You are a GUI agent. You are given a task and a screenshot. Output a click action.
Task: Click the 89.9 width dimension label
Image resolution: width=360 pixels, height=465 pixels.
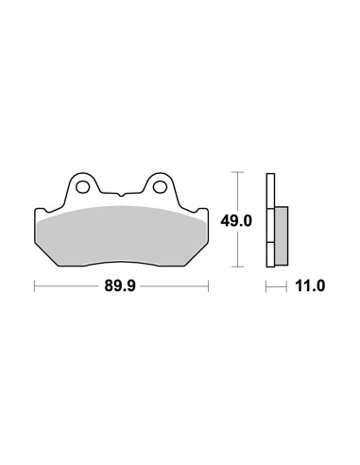[x=120, y=286]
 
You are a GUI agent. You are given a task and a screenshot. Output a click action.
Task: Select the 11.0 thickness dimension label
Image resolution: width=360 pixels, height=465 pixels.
[x=310, y=286]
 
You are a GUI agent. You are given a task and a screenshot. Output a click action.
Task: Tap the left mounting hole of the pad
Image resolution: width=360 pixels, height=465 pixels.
[x=83, y=187]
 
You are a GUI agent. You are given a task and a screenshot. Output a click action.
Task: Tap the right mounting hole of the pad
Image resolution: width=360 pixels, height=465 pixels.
[x=160, y=187]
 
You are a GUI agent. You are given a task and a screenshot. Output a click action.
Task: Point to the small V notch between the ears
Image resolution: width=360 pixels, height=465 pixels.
[x=121, y=195]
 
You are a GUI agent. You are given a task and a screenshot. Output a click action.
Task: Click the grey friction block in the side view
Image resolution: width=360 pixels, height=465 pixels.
[x=282, y=235]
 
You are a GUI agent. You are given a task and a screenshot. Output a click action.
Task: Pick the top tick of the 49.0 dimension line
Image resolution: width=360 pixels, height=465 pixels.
[x=237, y=172]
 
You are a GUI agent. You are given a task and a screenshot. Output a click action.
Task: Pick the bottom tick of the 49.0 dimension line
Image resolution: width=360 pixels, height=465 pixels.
[x=237, y=267]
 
